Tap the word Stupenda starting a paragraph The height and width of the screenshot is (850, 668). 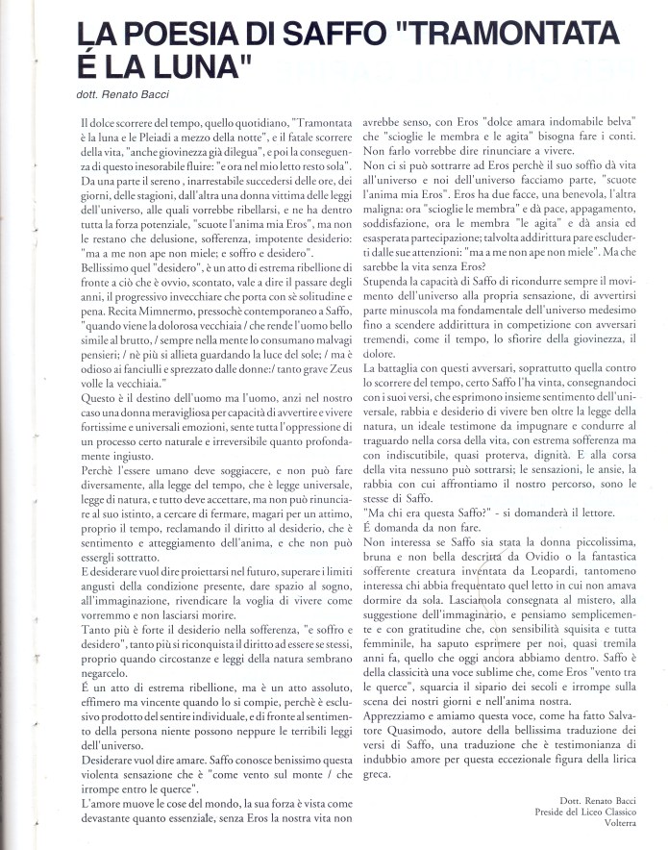pos(394,365)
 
